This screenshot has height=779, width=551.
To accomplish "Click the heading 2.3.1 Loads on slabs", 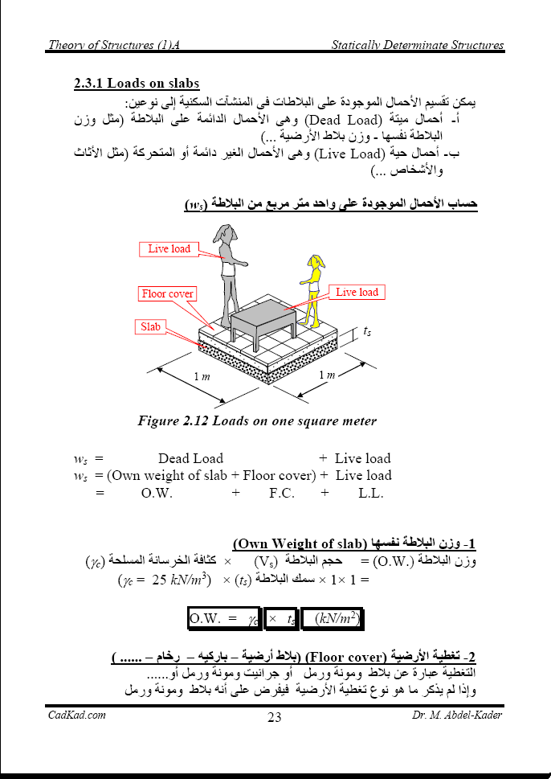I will [x=136, y=84].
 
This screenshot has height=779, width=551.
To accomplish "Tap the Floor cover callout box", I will [x=167, y=294].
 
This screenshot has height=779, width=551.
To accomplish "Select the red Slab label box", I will [x=151, y=327].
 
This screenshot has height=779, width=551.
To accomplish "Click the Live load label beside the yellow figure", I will [x=357, y=293].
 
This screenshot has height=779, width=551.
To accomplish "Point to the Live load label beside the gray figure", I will [x=169, y=249].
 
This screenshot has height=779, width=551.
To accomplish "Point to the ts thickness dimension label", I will [x=367, y=331].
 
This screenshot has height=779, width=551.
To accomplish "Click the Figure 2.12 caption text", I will [x=257, y=420].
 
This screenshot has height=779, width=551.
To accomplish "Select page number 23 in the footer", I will [x=275, y=718].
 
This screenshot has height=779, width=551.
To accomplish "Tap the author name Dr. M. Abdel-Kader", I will [x=457, y=715].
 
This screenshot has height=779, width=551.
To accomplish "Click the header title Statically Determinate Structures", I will [x=418, y=45].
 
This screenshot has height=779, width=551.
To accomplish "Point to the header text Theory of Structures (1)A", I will [x=113, y=45].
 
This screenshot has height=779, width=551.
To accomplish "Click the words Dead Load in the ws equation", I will [x=190, y=458].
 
